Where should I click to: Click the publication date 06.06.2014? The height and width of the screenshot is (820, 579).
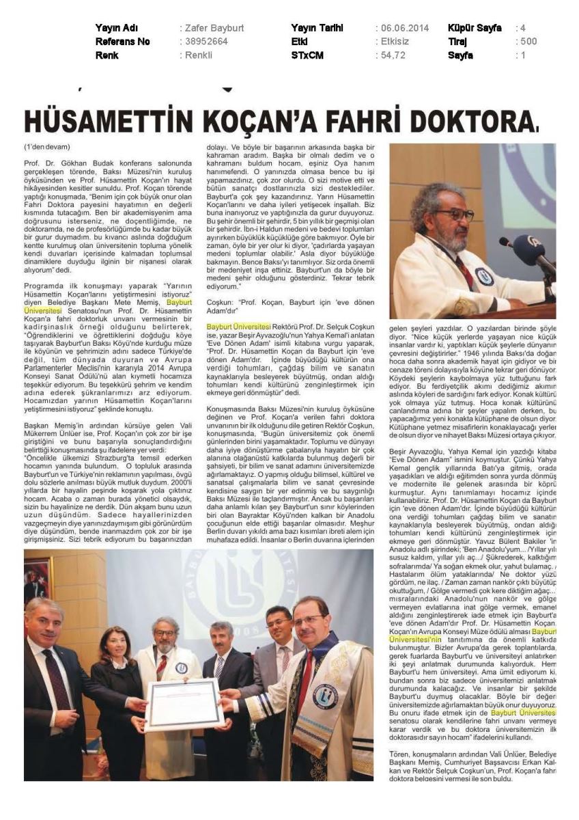click(x=402, y=28)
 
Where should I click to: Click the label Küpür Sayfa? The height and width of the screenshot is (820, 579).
click(x=475, y=28)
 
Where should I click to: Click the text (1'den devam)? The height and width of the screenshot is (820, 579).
click(x=47, y=147)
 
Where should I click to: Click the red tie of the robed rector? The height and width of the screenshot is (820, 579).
click(x=305, y=674)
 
